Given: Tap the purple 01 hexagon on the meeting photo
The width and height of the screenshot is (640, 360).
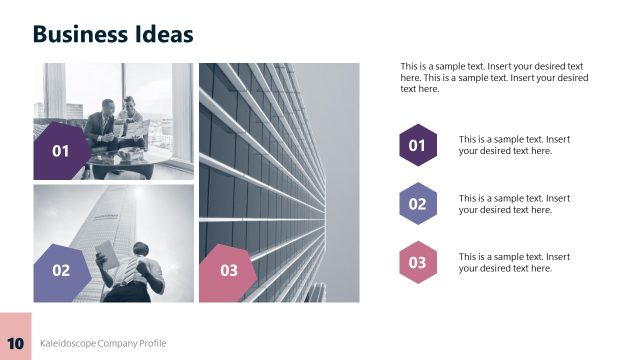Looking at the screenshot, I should coord(61,151).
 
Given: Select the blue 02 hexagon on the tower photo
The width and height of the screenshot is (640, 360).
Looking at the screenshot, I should coord(61,270).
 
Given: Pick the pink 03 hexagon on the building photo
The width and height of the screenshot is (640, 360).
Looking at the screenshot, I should coord(229,270).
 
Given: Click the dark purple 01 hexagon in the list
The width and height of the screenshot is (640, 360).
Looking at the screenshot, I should coord(417,146).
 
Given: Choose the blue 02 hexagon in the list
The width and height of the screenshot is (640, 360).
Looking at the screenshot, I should coord(417,204).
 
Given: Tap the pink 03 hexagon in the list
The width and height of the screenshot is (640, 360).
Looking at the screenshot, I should coord(417,262).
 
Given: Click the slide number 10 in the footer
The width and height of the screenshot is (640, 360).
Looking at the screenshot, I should coord(15,343).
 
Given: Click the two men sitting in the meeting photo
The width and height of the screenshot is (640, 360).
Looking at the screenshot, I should coord(114,122).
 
